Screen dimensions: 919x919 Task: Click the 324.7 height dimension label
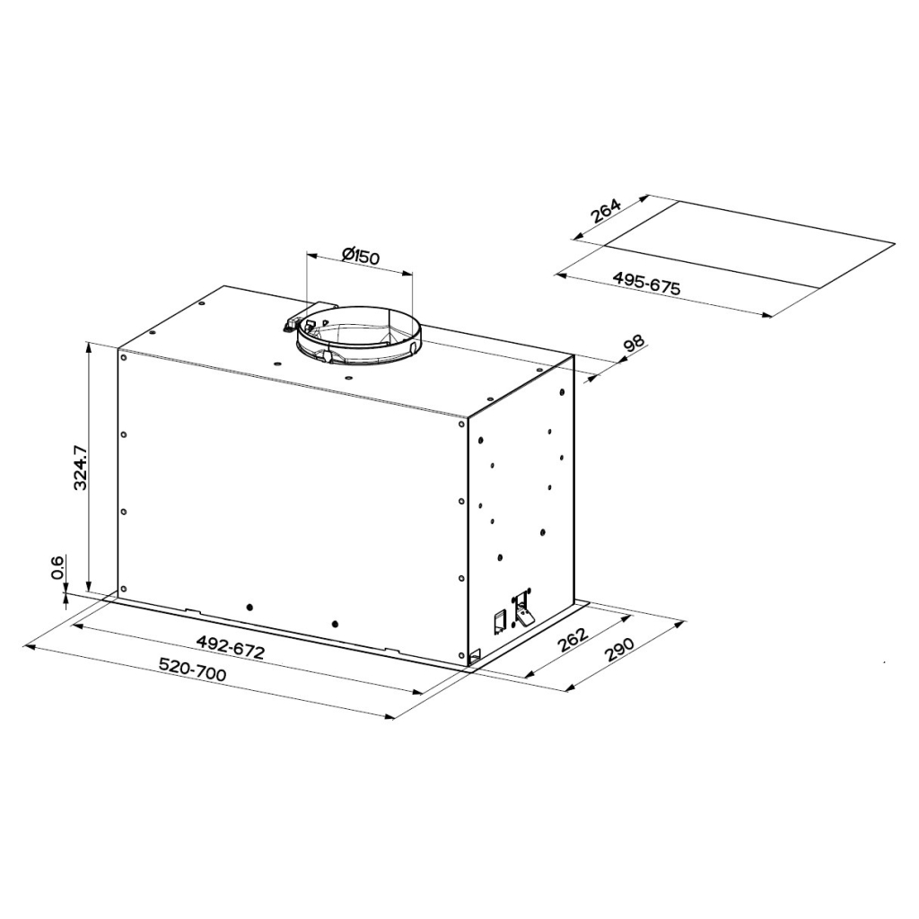pyautogui.click(x=80, y=465)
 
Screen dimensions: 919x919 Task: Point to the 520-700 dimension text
pyautogui.click(x=192, y=670)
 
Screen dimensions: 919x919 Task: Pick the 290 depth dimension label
pyautogui.click(x=620, y=649)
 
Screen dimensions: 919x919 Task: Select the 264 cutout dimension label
pyautogui.click(x=606, y=213)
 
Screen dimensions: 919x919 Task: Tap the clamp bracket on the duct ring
pyautogui.click(x=299, y=323)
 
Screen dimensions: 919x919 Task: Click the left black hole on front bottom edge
pyautogui.click(x=249, y=607)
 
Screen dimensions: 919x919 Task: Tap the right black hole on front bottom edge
pyautogui.click(x=334, y=623)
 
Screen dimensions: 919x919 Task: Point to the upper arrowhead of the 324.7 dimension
pyautogui.click(x=88, y=346)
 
